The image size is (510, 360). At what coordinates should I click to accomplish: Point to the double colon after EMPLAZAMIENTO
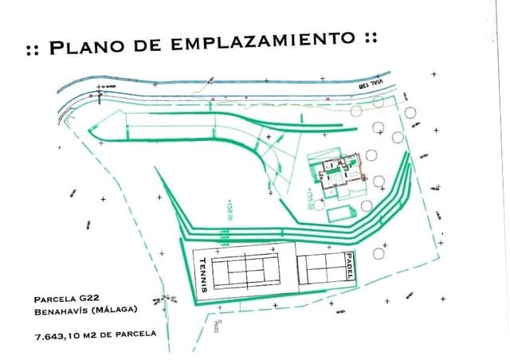pyautogui.click(x=370, y=37)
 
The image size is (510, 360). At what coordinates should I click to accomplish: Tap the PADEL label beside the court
pyautogui.click(x=349, y=264)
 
